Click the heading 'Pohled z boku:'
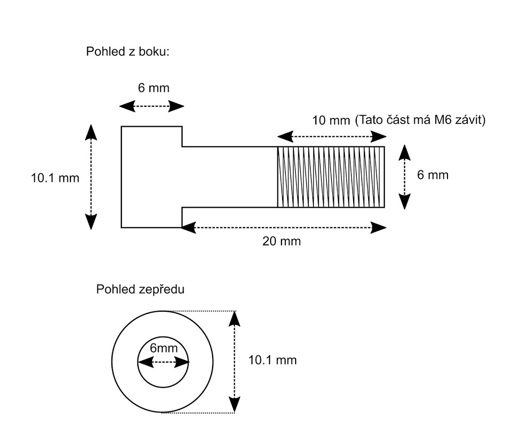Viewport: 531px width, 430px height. [128, 52]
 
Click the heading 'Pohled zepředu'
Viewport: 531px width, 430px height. [141, 289]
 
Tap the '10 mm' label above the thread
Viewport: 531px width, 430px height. [331, 121]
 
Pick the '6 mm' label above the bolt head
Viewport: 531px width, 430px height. [153, 88]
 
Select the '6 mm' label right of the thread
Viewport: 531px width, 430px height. [432, 175]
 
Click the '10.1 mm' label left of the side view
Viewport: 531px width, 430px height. [55, 178]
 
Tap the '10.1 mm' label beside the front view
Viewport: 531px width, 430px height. [273, 359]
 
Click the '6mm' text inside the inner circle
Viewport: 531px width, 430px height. [164, 348]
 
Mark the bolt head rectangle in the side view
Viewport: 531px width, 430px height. [151, 177]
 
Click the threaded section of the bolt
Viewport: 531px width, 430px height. [331, 177]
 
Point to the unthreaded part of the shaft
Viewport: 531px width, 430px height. [229, 177]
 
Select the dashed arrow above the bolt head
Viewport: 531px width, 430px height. [151, 106]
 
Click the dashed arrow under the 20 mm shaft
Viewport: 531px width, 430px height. [284, 227]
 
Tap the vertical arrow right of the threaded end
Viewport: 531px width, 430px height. [404, 177]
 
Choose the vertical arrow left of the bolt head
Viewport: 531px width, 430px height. [91, 177]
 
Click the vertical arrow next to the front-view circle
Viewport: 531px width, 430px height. [235, 362]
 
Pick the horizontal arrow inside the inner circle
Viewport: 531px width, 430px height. [164, 362]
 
